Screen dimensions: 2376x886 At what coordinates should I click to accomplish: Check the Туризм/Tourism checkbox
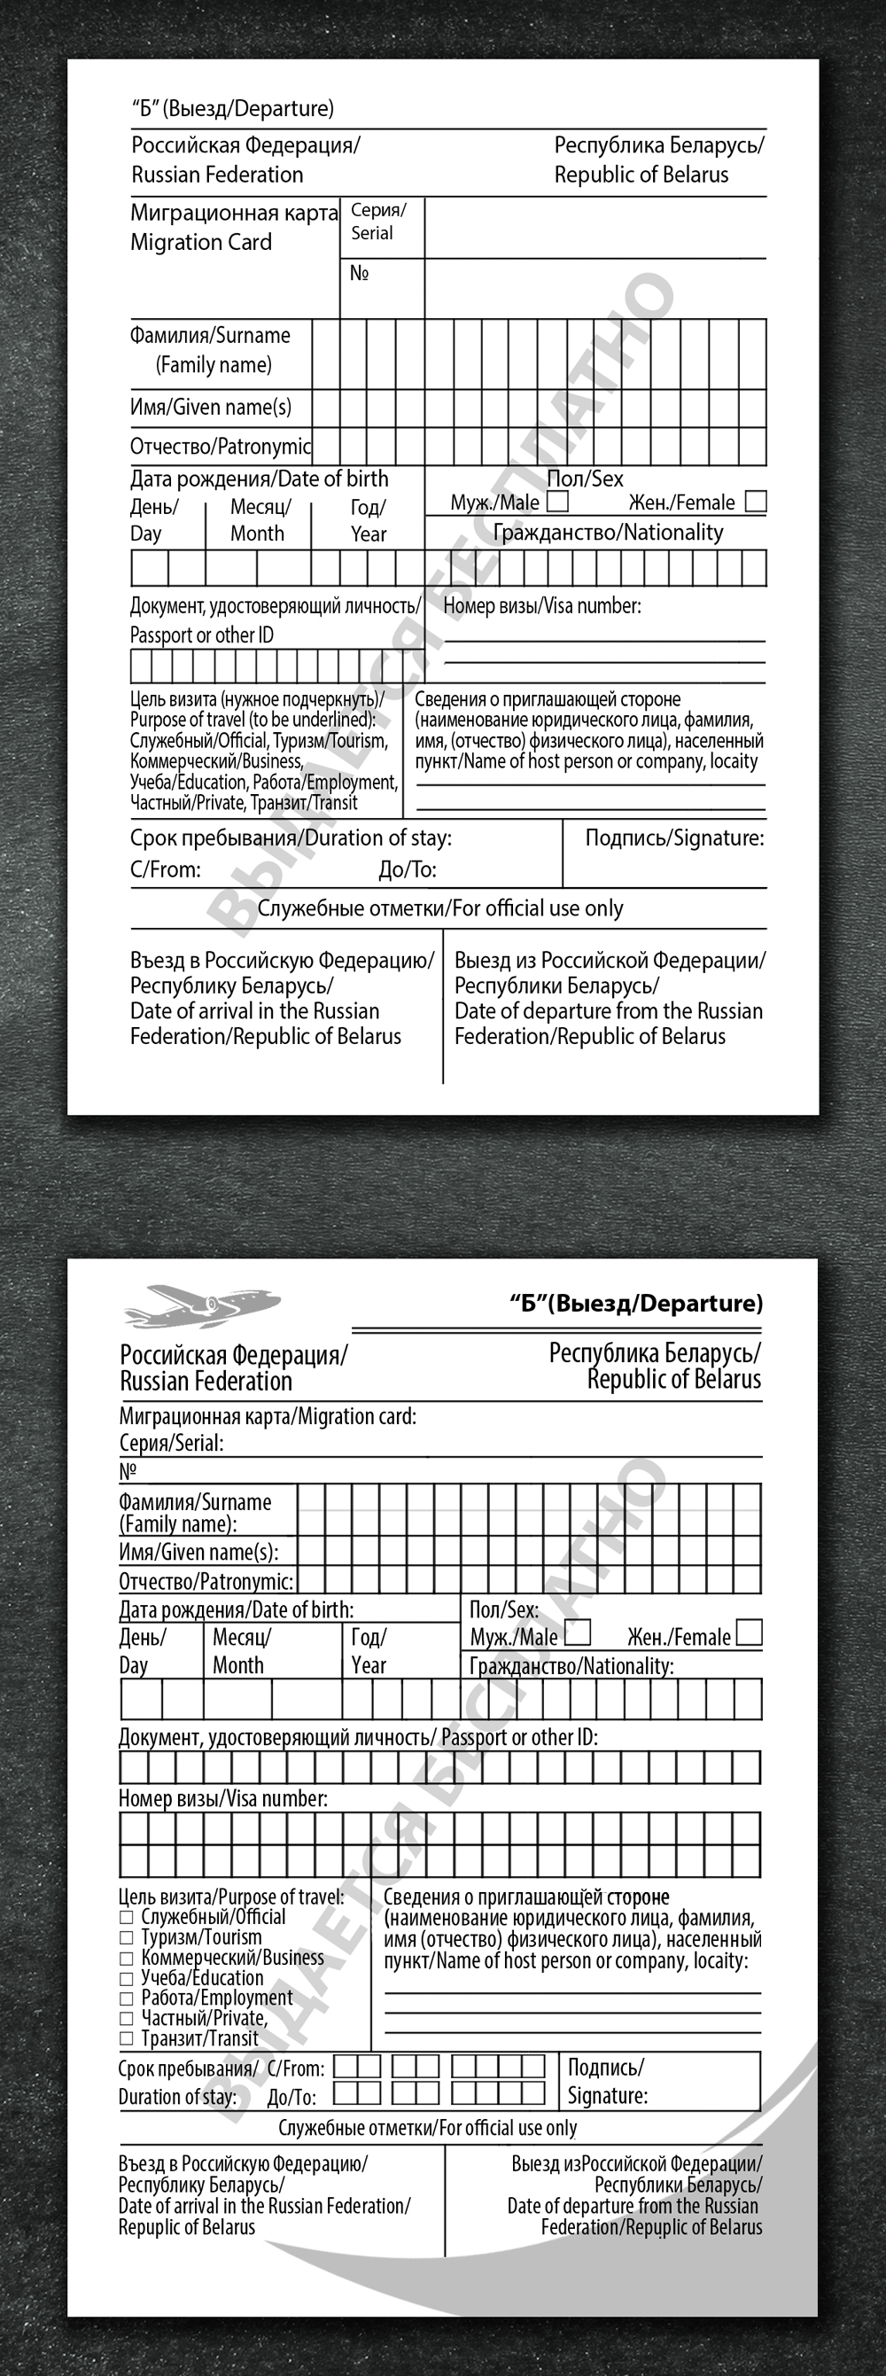(x=127, y=1938)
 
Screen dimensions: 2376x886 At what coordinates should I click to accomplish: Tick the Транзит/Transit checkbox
(x=127, y=2039)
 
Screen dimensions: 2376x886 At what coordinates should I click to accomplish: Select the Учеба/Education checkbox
(x=127, y=1978)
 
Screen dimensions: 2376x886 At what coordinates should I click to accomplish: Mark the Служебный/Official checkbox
(x=127, y=1918)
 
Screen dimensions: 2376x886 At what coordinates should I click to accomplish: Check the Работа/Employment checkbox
(x=127, y=1998)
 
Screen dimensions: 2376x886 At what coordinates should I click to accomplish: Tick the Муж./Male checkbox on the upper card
(x=557, y=502)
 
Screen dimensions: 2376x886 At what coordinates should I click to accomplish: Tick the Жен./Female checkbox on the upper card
(x=755, y=502)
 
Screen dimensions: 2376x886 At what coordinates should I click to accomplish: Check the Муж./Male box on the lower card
(x=577, y=1632)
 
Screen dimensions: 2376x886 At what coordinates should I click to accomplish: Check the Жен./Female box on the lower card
(x=750, y=1632)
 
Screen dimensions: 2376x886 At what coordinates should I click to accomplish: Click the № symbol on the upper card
(x=360, y=273)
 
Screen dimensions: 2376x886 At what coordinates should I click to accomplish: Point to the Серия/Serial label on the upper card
(x=378, y=222)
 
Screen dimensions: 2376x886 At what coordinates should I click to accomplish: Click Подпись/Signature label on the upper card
(x=674, y=838)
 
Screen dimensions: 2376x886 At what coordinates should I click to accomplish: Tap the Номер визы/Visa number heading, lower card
(x=222, y=1798)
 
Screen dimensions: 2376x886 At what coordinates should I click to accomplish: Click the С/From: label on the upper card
(x=165, y=869)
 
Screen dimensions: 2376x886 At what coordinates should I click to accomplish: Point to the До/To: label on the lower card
(x=291, y=2098)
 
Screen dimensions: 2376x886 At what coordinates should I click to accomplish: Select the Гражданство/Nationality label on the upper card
(x=608, y=533)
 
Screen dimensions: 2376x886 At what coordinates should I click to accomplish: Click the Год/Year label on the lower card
(x=369, y=1651)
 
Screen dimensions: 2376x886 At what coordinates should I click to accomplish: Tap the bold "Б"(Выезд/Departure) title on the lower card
(x=636, y=1304)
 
